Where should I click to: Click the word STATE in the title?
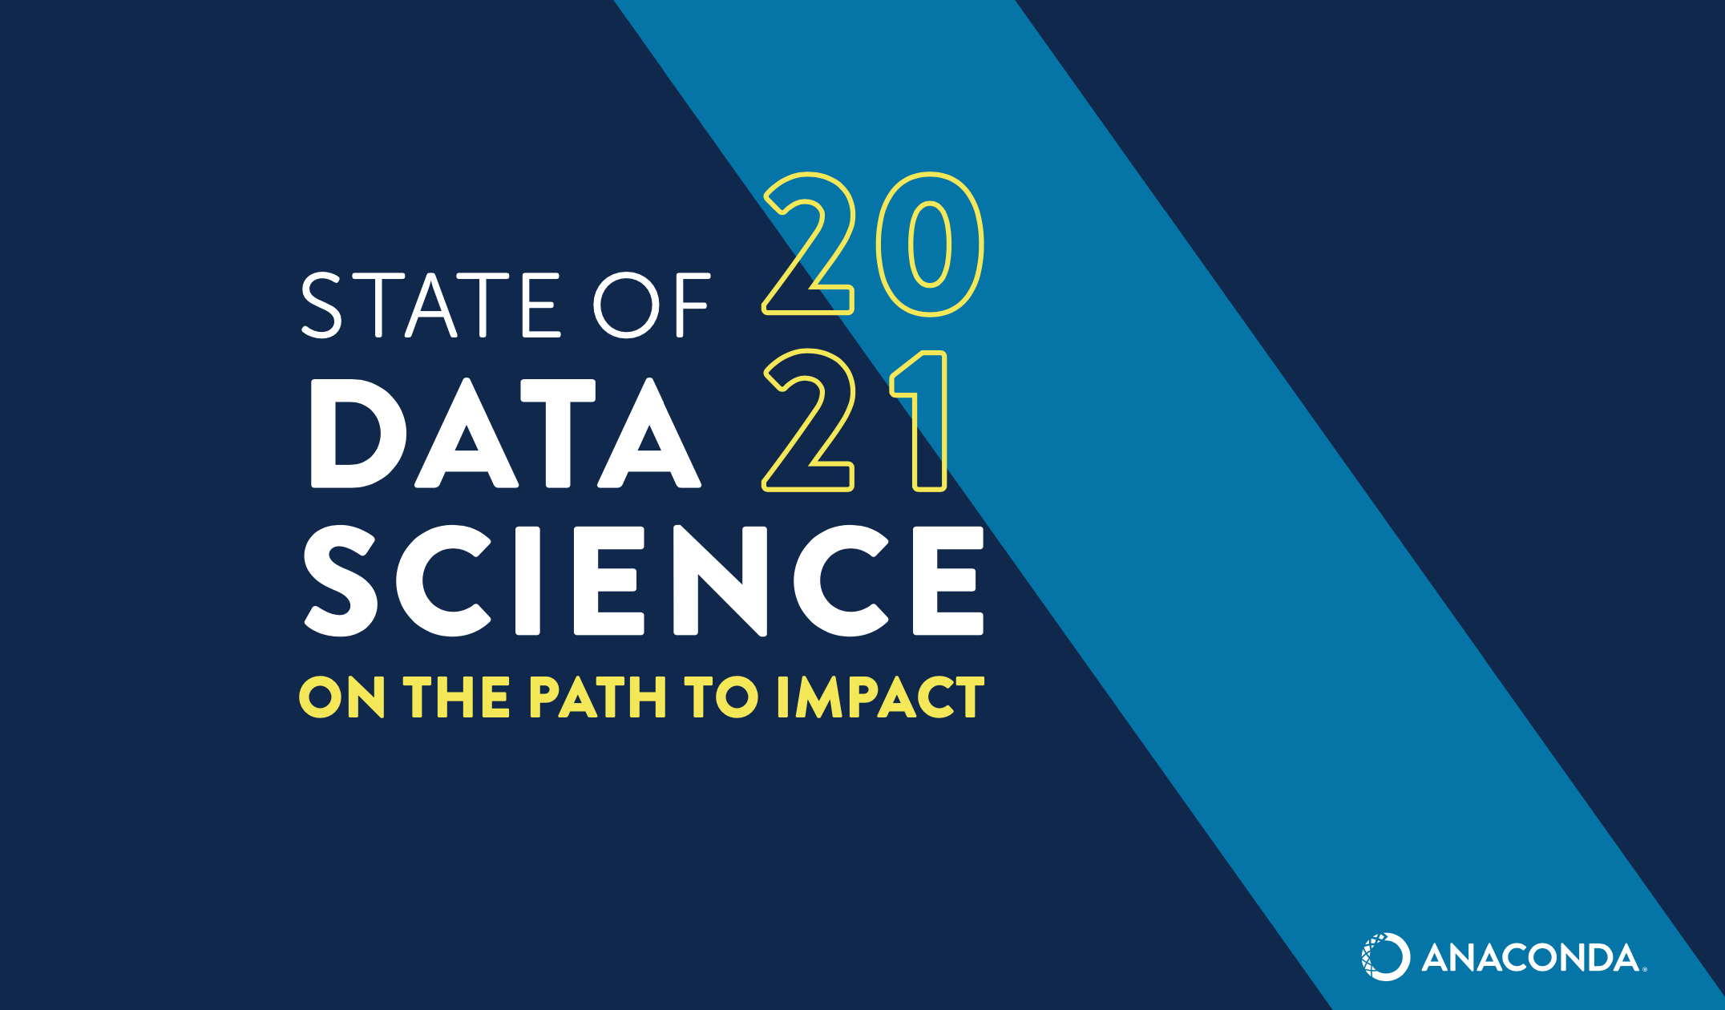429,305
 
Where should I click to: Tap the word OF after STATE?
651,305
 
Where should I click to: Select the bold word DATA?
505,433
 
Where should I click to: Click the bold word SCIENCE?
643,580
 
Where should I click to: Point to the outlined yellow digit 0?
930,244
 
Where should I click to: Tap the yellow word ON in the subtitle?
341,697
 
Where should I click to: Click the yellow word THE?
456,697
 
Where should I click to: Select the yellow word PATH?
597,697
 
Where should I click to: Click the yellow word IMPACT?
880,697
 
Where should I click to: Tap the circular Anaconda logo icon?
1385,956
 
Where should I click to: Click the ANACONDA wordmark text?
1531,958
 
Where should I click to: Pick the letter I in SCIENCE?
527,580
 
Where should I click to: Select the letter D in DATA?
357,433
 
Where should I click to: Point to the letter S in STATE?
322,305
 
